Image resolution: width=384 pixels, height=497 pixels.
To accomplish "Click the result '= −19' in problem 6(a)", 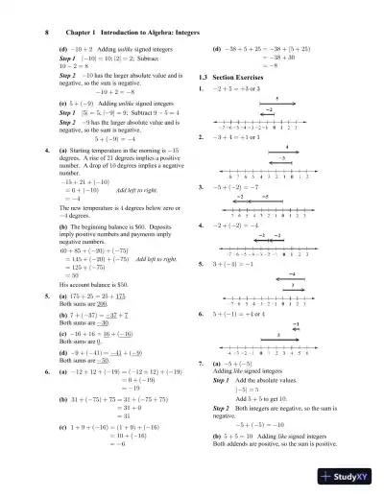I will (105, 361).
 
